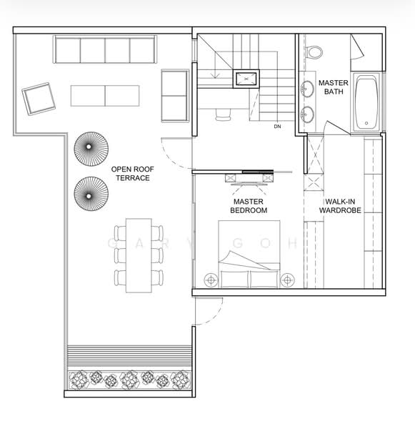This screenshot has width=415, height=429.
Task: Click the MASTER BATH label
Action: tap(334, 87)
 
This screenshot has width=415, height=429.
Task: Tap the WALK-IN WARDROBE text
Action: tap(340, 206)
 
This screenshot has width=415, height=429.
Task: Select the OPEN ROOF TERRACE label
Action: tap(133, 174)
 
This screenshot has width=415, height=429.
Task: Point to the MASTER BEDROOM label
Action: tap(249, 206)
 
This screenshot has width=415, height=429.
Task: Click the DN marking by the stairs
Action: tap(277, 127)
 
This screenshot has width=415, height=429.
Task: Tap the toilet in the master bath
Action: tap(314, 52)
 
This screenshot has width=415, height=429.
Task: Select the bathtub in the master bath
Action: tap(366, 102)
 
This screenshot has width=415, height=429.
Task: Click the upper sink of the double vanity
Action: tap(307, 89)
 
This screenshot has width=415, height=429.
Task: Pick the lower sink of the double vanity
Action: tap(307, 114)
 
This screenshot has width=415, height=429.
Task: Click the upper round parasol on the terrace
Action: tap(91, 149)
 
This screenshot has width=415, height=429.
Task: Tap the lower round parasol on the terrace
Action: tap(91, 194)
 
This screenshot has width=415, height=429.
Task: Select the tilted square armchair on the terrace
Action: tap(39, 99)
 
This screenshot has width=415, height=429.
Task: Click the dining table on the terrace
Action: tap(139, 255)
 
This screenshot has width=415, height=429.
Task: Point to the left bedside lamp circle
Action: tap(211, 280)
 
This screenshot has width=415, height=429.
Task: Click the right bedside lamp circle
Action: tap(288, 280)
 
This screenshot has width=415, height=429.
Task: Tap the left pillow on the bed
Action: tap(235, 279)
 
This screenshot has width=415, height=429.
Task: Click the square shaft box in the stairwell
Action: tap(246, 79)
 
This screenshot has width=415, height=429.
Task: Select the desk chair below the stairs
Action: tap(223, 115)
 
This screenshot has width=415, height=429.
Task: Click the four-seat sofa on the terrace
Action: tap(105, 49)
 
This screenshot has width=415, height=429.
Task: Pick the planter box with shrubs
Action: tap(129, 380)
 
